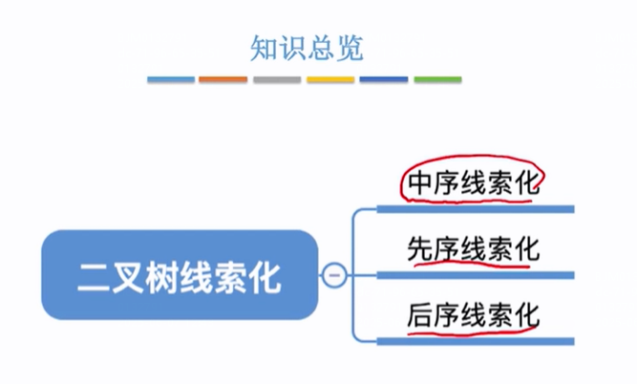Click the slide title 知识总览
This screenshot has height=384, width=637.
point(306,47)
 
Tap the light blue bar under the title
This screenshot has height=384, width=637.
point(171,79)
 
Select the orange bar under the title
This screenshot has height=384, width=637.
point(223,79)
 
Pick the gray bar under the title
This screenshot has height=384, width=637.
point(277,79)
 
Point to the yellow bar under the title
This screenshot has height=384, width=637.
point(330,79)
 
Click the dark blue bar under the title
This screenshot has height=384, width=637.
point(384,79)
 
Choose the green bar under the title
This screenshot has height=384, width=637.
point(437,79)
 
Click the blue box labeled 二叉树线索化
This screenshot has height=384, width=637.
point(179,276)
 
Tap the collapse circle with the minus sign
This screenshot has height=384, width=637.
point(333,276)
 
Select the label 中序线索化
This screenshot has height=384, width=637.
point(473,181)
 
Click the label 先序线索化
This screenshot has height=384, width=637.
point(473,250)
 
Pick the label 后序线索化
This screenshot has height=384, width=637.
point(473,314)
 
